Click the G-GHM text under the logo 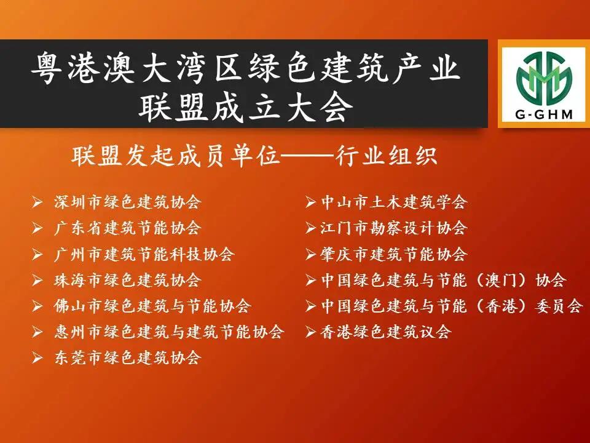tap(544, 114)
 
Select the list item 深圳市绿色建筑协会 tap(128, 202)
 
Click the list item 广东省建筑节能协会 tap(128, 228)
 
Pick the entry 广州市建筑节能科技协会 tap(144, 254)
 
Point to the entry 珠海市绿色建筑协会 tap(128, 280)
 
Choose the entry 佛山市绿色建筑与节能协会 tap(152, 306)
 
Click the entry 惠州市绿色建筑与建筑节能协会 tap(169, 332)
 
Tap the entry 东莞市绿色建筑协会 tap(128, 357)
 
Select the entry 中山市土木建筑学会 tap(394, 202)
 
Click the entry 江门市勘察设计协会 tap(394, 228)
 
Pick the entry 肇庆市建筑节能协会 tap(394, 254)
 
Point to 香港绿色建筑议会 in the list tap(386, 332)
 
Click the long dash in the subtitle tap(308, 155)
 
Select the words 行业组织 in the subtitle tap(386, 155)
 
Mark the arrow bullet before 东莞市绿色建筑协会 tap(37, 357)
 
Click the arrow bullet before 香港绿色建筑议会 tap(310, 332)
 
